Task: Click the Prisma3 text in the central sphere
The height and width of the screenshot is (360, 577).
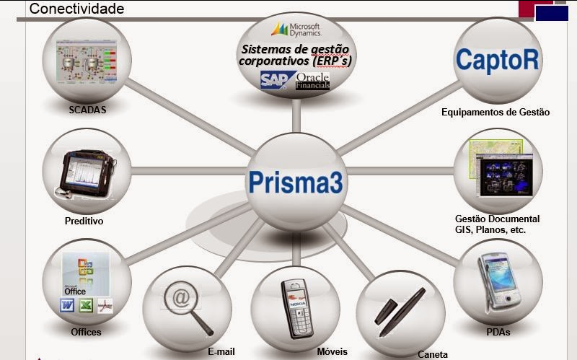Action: [295, 181]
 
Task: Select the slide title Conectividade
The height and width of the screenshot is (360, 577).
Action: [76, 9]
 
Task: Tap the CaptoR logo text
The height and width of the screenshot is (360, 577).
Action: [497, 59]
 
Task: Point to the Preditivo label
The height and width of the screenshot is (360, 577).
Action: [84, 221]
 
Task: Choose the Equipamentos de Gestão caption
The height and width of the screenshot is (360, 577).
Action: [495, 112]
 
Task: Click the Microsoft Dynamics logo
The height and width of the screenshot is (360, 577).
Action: [296, 29]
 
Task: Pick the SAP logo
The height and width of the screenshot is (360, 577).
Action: [275, 79]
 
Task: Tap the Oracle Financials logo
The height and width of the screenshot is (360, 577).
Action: [312, 80]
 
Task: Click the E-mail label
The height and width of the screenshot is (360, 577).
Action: [221, 351]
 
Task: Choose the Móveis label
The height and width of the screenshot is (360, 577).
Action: [332, 351]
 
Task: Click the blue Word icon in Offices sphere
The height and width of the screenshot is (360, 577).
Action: [67, 306]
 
